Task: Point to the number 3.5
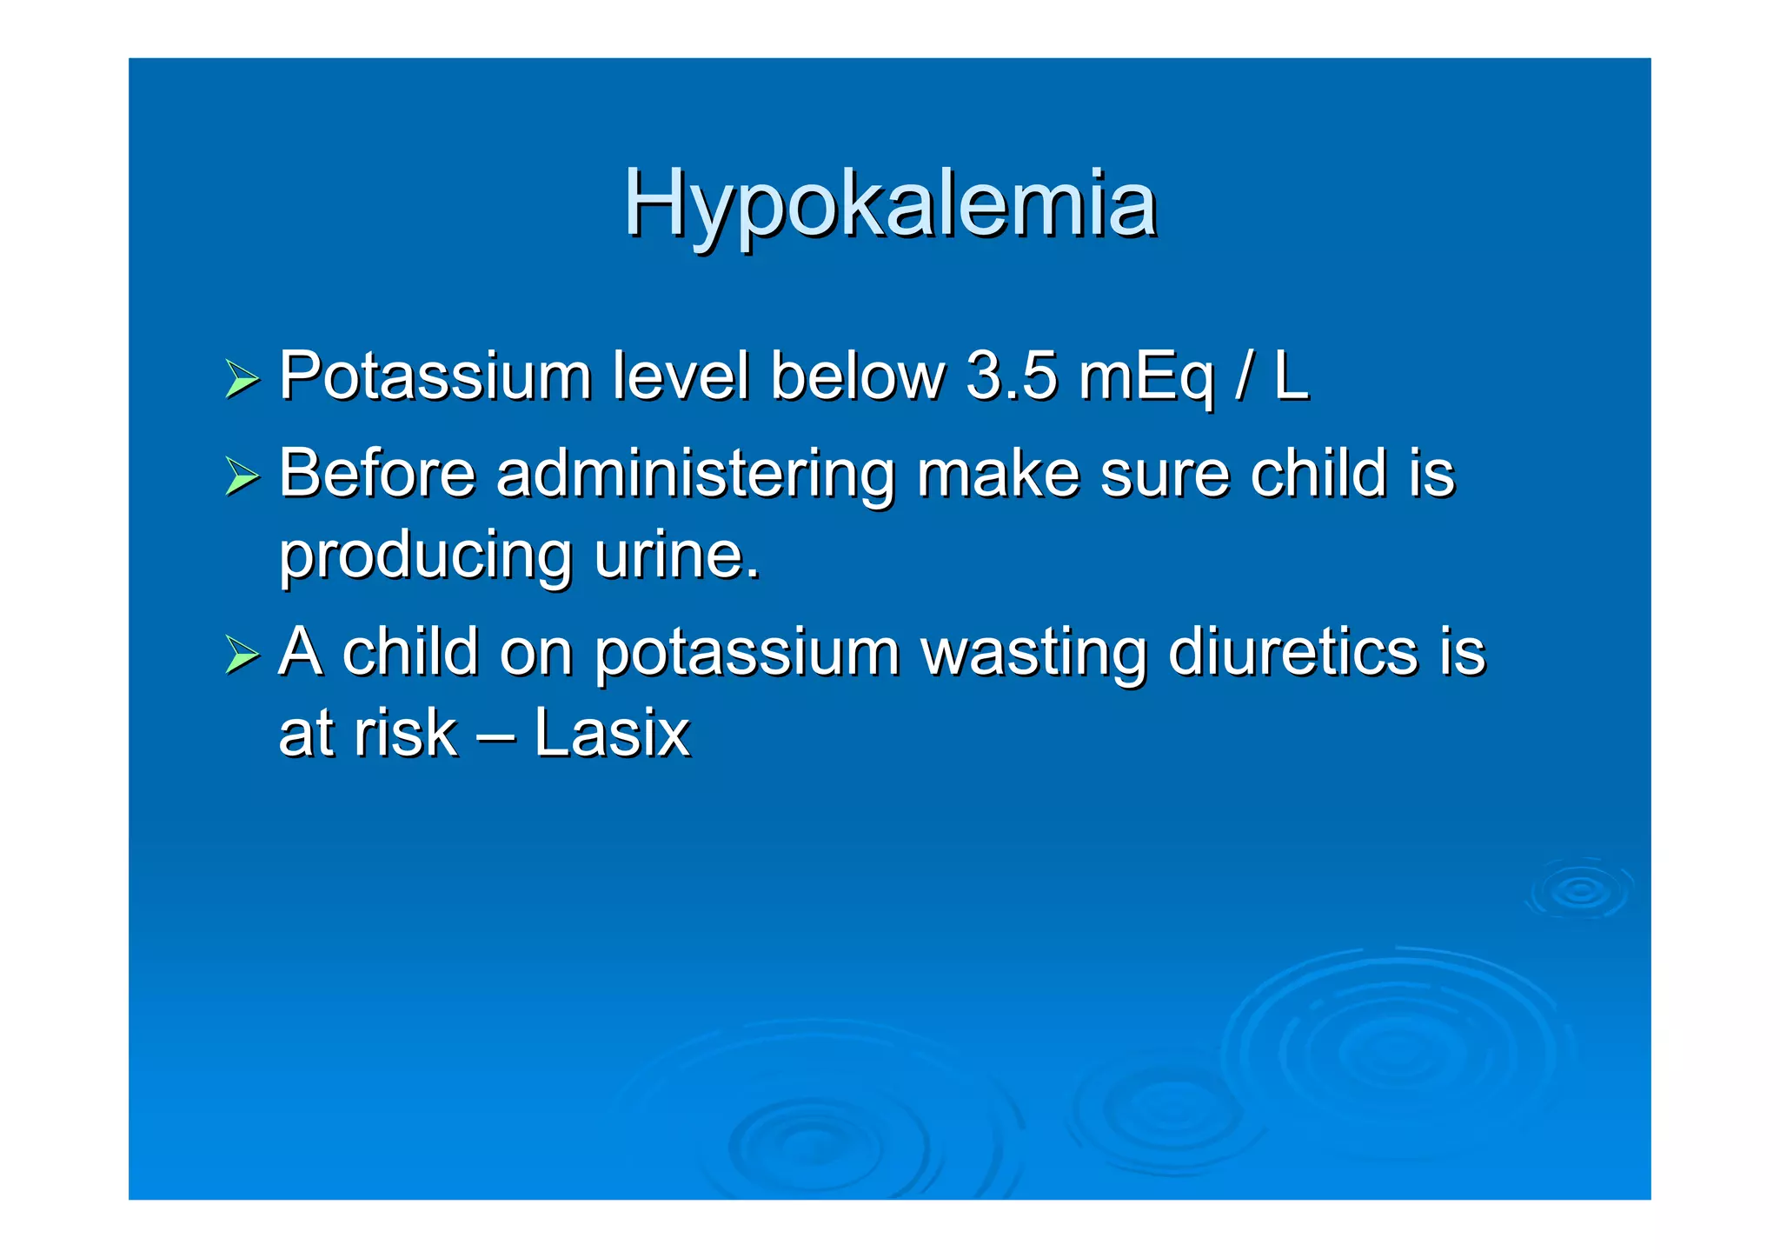tap(1012, 376)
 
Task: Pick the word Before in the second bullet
tap(378, 474)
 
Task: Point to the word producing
tap(426, 557)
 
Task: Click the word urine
tap(676, 556)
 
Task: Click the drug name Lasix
tap(612, 733)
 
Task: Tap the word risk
tap(406, 733)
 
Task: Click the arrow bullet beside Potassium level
tap(242, 380)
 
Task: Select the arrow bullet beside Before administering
tap(242, 476)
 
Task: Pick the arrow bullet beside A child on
tap(242, 655)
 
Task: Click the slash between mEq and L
tap(1245, 376)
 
